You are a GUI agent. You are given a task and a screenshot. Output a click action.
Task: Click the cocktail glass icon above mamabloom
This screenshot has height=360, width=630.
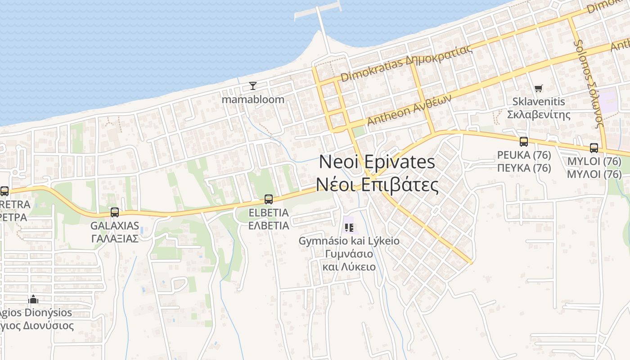click(x=253, y=86)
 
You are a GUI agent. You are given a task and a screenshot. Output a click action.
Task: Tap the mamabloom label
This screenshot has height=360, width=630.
click(x=253, y=99)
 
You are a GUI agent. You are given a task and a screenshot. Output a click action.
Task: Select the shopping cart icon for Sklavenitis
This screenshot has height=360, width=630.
click(x=538, y=88)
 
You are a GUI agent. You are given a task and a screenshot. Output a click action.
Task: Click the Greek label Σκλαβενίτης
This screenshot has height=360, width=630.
click(x=539, y=114)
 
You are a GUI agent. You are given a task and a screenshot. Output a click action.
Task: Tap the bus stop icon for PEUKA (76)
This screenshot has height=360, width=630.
click(x=524, y=142)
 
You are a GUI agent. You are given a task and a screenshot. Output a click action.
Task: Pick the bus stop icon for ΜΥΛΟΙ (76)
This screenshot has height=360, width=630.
click(x=594, y=148)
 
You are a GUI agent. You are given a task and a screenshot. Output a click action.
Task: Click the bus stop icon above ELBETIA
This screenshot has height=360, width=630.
click(x=269, y=199)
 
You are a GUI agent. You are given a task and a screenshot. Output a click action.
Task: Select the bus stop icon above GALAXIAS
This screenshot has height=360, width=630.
click(x=115, y=212)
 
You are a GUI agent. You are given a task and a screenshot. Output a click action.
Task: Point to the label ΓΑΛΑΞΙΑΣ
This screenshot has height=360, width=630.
click(x=115, y=238)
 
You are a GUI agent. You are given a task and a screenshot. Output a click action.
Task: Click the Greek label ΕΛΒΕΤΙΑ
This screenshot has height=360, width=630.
click(x=269, y=225)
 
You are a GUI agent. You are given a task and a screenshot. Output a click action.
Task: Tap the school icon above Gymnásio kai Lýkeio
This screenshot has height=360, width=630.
click(x=349, y=228)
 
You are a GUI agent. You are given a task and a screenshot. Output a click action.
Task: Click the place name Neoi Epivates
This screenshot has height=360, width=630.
click(x=377, y=162)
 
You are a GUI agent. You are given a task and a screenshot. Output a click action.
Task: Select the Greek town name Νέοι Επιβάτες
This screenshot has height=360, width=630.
click(x=377, y=184)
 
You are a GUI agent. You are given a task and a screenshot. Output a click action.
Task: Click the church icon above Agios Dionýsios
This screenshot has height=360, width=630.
click(x=33, y=299)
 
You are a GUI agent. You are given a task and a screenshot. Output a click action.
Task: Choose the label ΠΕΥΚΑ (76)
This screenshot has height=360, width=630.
click(x=524, y=168)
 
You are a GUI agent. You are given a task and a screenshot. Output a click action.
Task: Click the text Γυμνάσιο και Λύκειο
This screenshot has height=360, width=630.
click(x=349, y=260)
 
